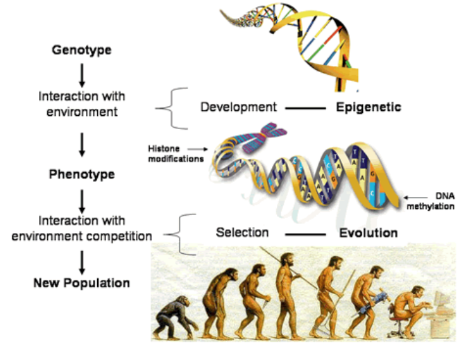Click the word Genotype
(x=81, y=50)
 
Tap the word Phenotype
(x=82, y=174)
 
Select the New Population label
(x=81, y=283)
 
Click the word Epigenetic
(x=368, y=108)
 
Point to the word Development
(x=239, y=107)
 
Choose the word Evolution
(x=368, y=233)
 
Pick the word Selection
(x=242, y=232)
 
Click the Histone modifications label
(x=176, y=154)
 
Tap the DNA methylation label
(x=430, y=201)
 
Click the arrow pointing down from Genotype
(x=82, y=76)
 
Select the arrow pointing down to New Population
(x=82, y=263)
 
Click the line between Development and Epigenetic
(x=305, y=108)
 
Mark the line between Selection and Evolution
(x=305, y=234)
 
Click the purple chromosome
(x=264, y=138)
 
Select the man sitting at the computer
(x=410, y=309)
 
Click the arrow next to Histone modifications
(x=197, y=149)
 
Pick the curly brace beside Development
(x=172, y=108)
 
